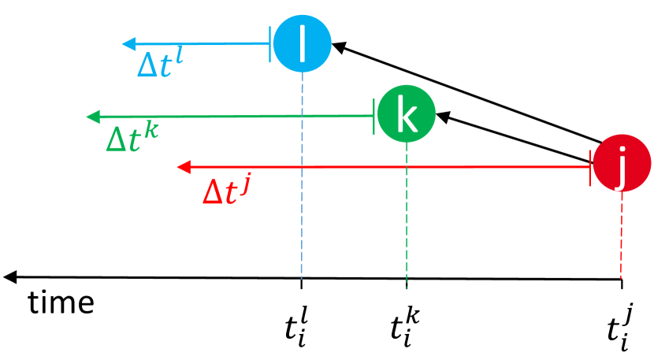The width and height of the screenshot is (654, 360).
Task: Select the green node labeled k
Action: (x=406, y=115)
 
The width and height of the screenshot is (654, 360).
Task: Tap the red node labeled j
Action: (x=622, y=165)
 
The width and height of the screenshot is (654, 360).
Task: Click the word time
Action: (x=61, y=302)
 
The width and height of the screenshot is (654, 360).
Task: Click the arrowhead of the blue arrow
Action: (x=129, y=43)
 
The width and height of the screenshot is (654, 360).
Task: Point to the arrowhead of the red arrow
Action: (x=184, y=166)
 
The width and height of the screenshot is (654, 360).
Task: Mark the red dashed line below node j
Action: (x=622, y=236)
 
